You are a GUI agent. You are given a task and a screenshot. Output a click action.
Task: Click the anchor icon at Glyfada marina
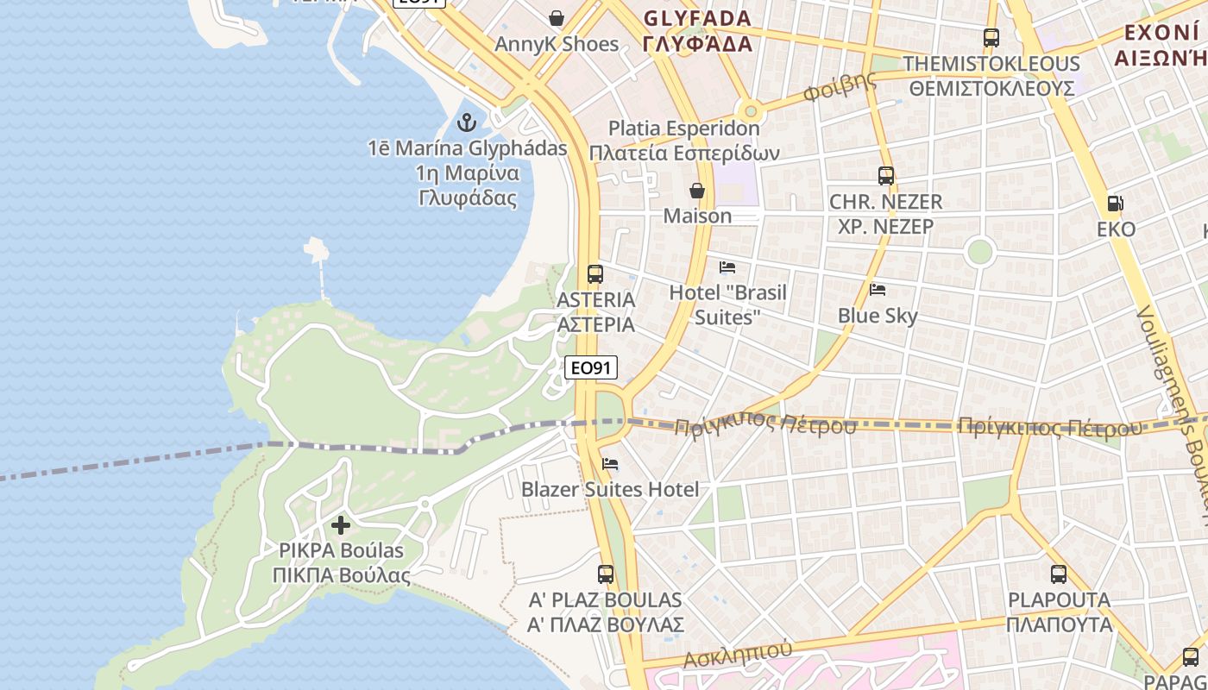pos(467,122)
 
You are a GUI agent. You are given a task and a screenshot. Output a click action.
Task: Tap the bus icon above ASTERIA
pos(595,274)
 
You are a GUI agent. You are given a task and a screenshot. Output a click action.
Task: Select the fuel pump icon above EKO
pos(1115,204)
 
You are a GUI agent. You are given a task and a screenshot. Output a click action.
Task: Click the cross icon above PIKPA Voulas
pos(341,524)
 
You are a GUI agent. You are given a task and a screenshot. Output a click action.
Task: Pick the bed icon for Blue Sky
pos(878,289)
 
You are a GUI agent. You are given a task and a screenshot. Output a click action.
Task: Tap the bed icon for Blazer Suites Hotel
pos(610,464)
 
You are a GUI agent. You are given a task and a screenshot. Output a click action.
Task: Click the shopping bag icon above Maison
pos(697,191)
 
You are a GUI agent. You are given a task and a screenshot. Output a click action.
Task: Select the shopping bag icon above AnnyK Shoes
pos(557,18)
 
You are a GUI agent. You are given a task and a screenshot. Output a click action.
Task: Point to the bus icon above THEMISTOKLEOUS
pos(991,38)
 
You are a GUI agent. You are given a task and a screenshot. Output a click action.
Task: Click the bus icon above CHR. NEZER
pos(885,176)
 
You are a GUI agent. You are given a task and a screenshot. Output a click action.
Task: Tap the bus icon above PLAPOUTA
pos(1059,574)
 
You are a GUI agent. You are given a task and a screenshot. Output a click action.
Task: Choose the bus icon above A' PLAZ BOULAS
pos(606,574)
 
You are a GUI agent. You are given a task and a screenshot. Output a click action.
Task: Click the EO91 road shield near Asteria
pos(591,368)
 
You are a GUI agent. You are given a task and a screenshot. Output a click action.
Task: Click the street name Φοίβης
pos(839,87)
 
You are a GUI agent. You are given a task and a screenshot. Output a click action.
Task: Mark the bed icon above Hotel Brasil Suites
pos(727,267)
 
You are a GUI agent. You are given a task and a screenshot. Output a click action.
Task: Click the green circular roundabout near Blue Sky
pos(979,252)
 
